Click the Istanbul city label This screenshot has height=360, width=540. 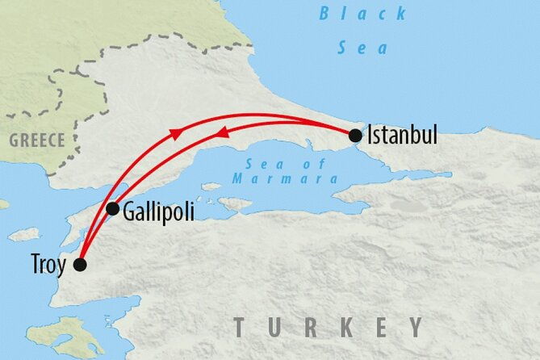tap(402, 135)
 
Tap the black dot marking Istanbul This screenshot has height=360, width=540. tap(355, 136)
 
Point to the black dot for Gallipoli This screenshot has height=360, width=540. tap(113, 209)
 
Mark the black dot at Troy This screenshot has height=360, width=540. tap(80, 265)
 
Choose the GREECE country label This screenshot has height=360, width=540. tap(36, 140)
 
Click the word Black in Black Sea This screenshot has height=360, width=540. tap(354, 13)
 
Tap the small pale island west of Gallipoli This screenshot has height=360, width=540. tap(24, 234)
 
